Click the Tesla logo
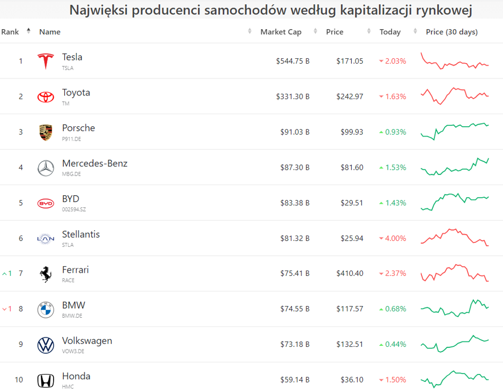point(46,61)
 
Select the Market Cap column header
point(281,32)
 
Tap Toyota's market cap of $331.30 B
point(292,97)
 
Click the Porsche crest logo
point(46,132)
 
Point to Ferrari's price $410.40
point(350,274)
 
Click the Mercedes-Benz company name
point(94,163)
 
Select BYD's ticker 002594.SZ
point(74,210)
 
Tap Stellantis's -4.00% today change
point(393,238)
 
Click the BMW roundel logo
point(46,310)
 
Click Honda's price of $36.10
point(352,380)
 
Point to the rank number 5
point(21,203)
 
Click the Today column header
point(390,32)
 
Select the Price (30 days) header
point(452,32)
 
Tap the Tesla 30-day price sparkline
point(454,62)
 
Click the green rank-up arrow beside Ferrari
point(5,274)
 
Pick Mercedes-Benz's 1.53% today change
point(393,167)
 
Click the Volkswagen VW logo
point(46,345)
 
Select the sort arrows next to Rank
point(28,31)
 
